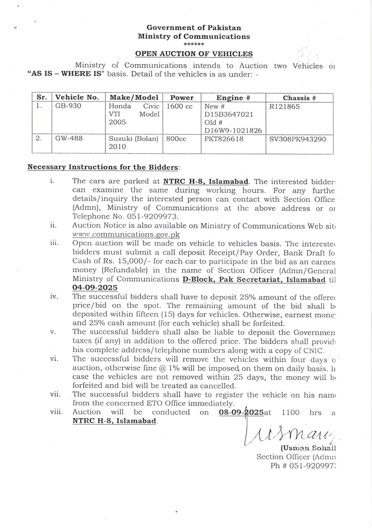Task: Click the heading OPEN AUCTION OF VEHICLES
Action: click(x=194, y=54)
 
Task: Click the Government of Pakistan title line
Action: click(x=194, y=28)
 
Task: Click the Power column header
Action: click(x=182, y=98)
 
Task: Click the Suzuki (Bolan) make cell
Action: click(x=133, y=139)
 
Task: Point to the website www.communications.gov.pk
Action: click(x=126, y=235)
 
